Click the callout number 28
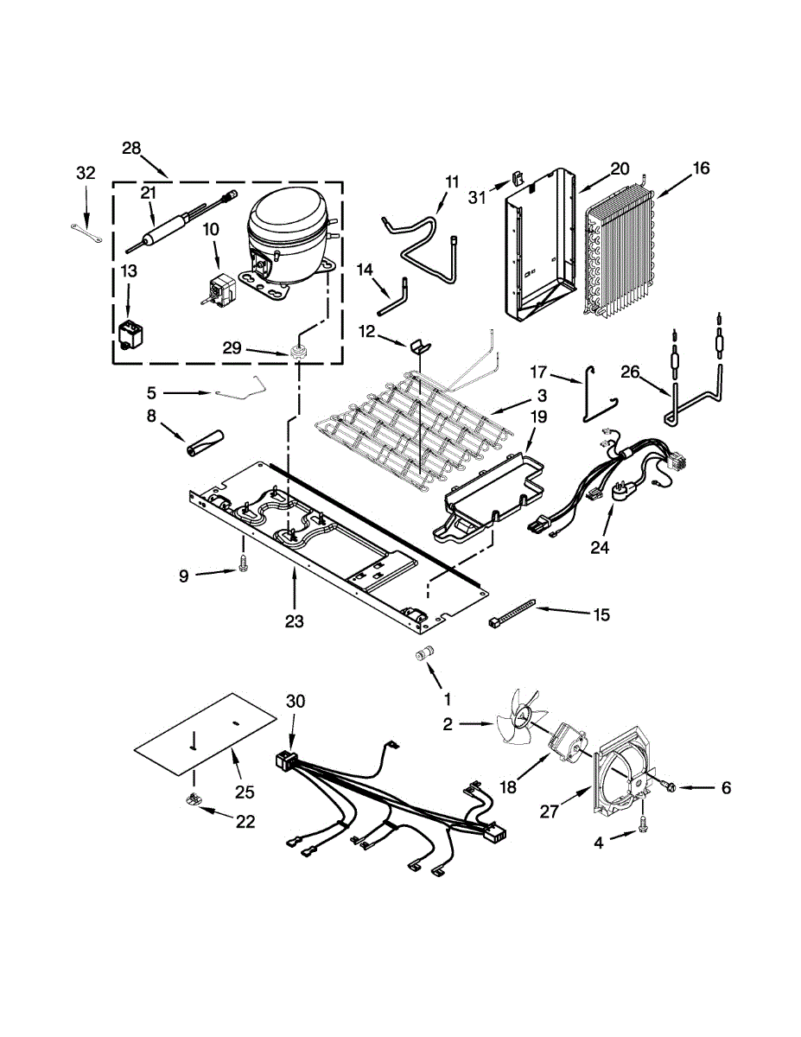(x=131, y=148)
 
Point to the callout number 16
(x=700, y=169)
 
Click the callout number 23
(x=295, y=620)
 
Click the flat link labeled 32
(x=86, y=228)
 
